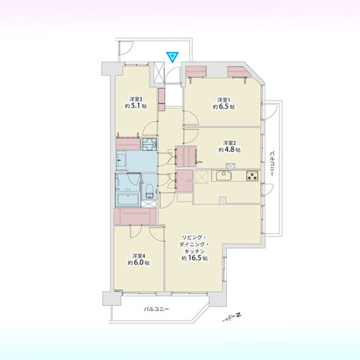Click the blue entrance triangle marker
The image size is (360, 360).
[171, 56]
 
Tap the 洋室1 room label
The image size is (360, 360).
[223, 100]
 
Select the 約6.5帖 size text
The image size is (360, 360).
[223, 107]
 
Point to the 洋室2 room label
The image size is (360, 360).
[229, 142]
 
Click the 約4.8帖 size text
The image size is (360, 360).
[229, 150]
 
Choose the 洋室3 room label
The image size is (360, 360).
[135, 99]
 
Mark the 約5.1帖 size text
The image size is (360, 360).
[135, 107]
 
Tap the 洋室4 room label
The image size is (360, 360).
[138, 255]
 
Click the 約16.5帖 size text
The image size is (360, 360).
[195, 258]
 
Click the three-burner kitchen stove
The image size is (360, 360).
[251, 177]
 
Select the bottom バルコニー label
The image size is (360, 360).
[156, 310]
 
